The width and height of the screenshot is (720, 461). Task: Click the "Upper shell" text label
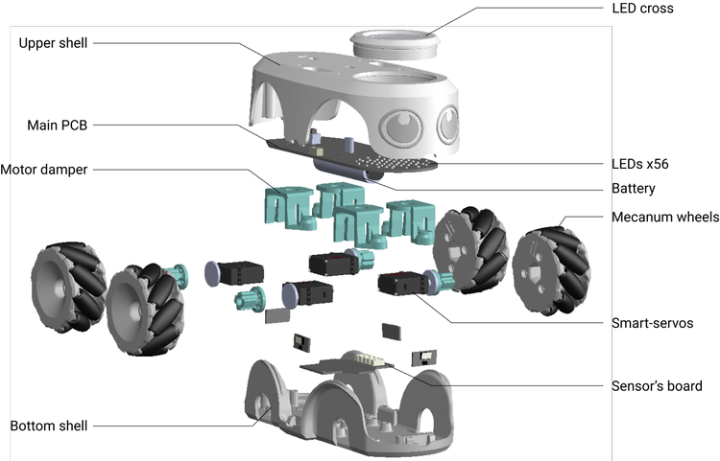53,43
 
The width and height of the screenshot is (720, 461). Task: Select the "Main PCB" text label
57,126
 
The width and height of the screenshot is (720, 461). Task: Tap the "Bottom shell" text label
49,426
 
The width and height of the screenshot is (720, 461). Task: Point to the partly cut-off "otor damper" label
48,170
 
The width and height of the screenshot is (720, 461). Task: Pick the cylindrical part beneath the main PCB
351,172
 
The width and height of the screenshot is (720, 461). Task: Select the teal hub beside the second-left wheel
180,279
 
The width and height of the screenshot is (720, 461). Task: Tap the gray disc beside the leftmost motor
208,275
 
